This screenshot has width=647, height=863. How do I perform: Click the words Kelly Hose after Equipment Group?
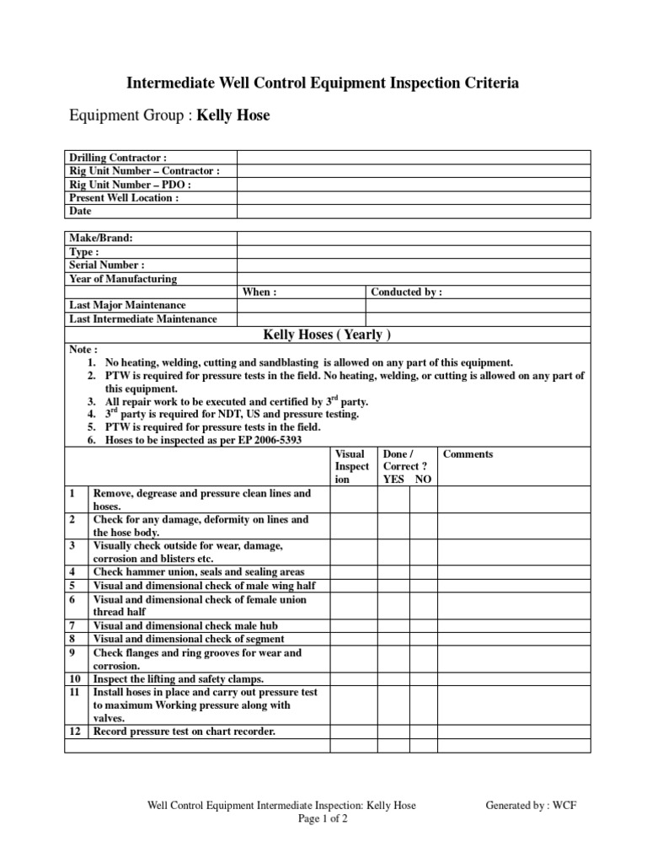233,115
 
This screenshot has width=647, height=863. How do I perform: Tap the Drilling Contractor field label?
118,157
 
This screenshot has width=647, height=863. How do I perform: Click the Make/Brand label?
101,239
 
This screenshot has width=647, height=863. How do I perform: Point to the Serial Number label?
107,265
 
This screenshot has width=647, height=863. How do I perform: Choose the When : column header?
259,292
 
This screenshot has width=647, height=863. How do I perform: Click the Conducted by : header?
406,292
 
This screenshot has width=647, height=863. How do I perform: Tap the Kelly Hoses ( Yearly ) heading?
327,335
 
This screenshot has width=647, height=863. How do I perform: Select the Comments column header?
468,454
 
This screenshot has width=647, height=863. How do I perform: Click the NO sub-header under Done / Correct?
423,479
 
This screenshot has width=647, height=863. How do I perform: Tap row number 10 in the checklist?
75,679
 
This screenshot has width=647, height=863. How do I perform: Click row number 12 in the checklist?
75,732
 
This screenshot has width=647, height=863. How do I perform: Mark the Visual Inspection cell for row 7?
352,626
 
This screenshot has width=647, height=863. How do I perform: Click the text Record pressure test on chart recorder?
184,732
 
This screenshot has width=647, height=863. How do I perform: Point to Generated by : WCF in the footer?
531,805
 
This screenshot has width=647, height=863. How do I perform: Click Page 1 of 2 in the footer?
323,818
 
